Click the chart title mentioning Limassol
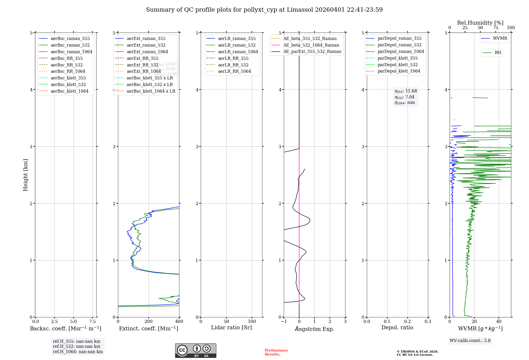point(264,10)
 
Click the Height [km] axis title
point(25,175)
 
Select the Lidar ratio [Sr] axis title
point(231,327)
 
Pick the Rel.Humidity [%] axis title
point(480,23)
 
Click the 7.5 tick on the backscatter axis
point(92,321)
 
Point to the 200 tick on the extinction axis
point(149,321)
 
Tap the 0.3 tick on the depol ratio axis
point(428,321)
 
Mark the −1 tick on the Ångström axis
point(284,321)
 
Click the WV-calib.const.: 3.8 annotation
point(470,341)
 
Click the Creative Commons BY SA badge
point(195,350)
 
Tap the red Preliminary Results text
point(276,352)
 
